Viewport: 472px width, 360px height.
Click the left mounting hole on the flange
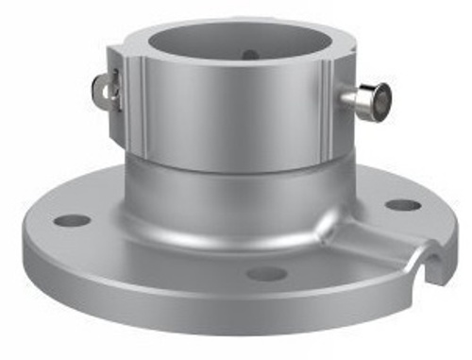click(x=72, y=220)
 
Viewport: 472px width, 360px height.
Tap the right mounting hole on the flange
click(x=403, y=205)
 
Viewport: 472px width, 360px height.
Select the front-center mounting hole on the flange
click(x=266, y=274)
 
